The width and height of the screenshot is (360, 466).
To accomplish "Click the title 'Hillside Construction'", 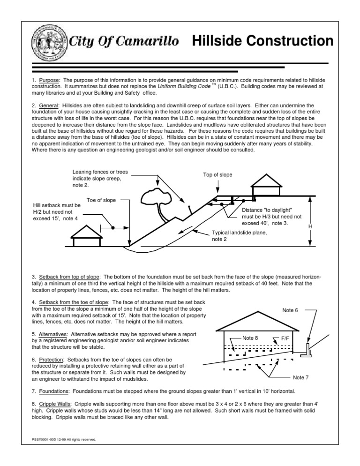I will [262, 41].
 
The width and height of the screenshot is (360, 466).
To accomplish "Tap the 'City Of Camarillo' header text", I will [124, 42].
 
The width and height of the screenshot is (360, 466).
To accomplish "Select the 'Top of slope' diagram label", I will [217, 175].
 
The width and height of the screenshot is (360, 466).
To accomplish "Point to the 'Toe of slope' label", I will [101, 200].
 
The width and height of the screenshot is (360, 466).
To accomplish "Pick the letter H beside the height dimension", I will [310, 227].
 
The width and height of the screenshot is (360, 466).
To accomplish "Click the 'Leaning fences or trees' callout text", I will [97, 178].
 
